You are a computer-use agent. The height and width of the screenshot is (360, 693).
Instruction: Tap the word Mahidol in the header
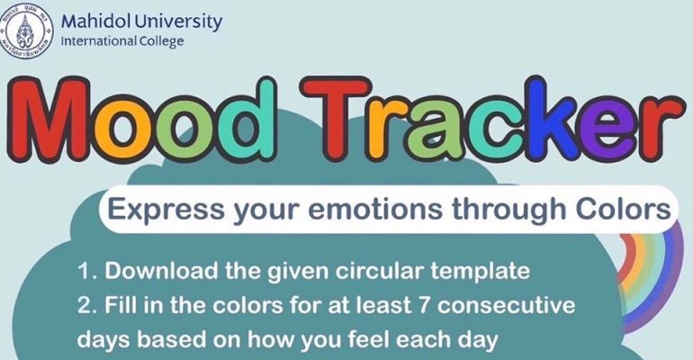[x=94, y=22]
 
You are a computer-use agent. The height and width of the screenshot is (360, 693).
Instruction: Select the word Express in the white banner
[x=166, y=209]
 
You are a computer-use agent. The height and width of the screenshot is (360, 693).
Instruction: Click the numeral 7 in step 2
[x=424, y=306]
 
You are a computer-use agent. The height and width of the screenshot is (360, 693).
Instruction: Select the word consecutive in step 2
[x=506, y=306]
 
